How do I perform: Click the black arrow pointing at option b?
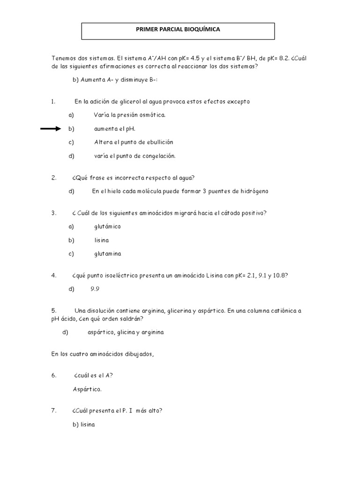[51, 128]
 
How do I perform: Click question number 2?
[53, 177]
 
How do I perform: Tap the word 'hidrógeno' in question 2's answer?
[253, 191]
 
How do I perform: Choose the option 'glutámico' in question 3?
[107, 226]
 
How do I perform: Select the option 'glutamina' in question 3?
[107, 254]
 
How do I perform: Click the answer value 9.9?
[95, 289]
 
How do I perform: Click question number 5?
[53, 310]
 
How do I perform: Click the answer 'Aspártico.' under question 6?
[87, 389]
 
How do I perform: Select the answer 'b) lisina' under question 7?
[84, 424]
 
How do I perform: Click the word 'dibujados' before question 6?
[137, 354]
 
